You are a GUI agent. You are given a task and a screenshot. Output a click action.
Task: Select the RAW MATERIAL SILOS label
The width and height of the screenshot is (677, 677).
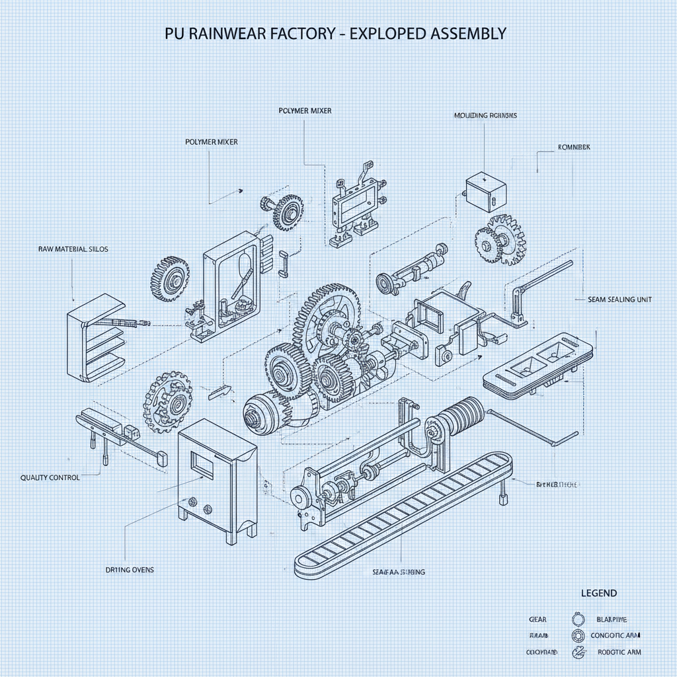pos(73,249)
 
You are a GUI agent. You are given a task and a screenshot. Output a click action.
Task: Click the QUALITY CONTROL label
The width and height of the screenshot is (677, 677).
pos(50,477)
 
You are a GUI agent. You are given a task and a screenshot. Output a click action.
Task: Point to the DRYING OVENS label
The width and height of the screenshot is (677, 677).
pos(130,569)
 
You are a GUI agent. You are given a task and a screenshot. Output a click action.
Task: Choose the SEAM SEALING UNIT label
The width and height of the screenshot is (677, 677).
pos(619,299)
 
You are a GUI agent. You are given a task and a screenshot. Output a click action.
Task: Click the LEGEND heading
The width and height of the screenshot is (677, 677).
pos(598,593)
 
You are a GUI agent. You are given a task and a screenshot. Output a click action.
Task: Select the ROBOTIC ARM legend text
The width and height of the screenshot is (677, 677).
pos(619,652)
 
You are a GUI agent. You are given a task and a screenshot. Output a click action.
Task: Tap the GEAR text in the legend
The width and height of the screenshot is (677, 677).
pos(538,619)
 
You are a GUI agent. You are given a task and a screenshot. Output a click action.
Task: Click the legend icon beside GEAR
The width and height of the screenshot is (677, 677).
pos(578,619)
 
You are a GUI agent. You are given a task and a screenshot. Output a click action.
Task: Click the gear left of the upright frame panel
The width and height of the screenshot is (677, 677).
pos(171,278)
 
